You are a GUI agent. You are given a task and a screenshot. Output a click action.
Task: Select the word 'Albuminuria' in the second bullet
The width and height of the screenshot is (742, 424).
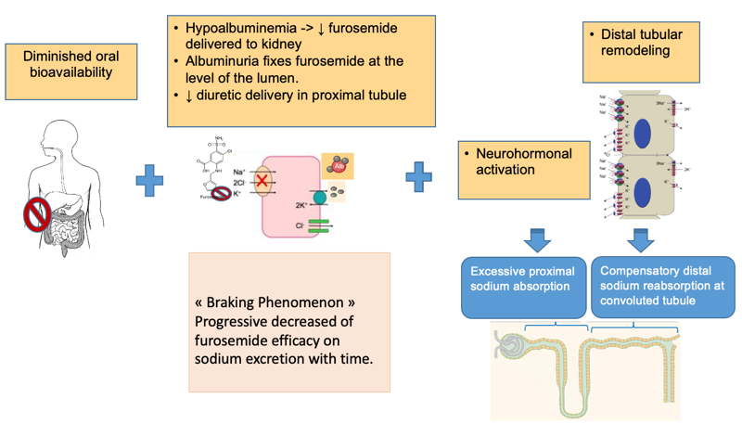[x=229, y=61]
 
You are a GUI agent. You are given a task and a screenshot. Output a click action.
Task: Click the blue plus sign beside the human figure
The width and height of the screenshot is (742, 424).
[x=150, y=178]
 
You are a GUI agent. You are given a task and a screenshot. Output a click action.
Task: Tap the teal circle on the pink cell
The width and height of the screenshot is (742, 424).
[x=320, y=198]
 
